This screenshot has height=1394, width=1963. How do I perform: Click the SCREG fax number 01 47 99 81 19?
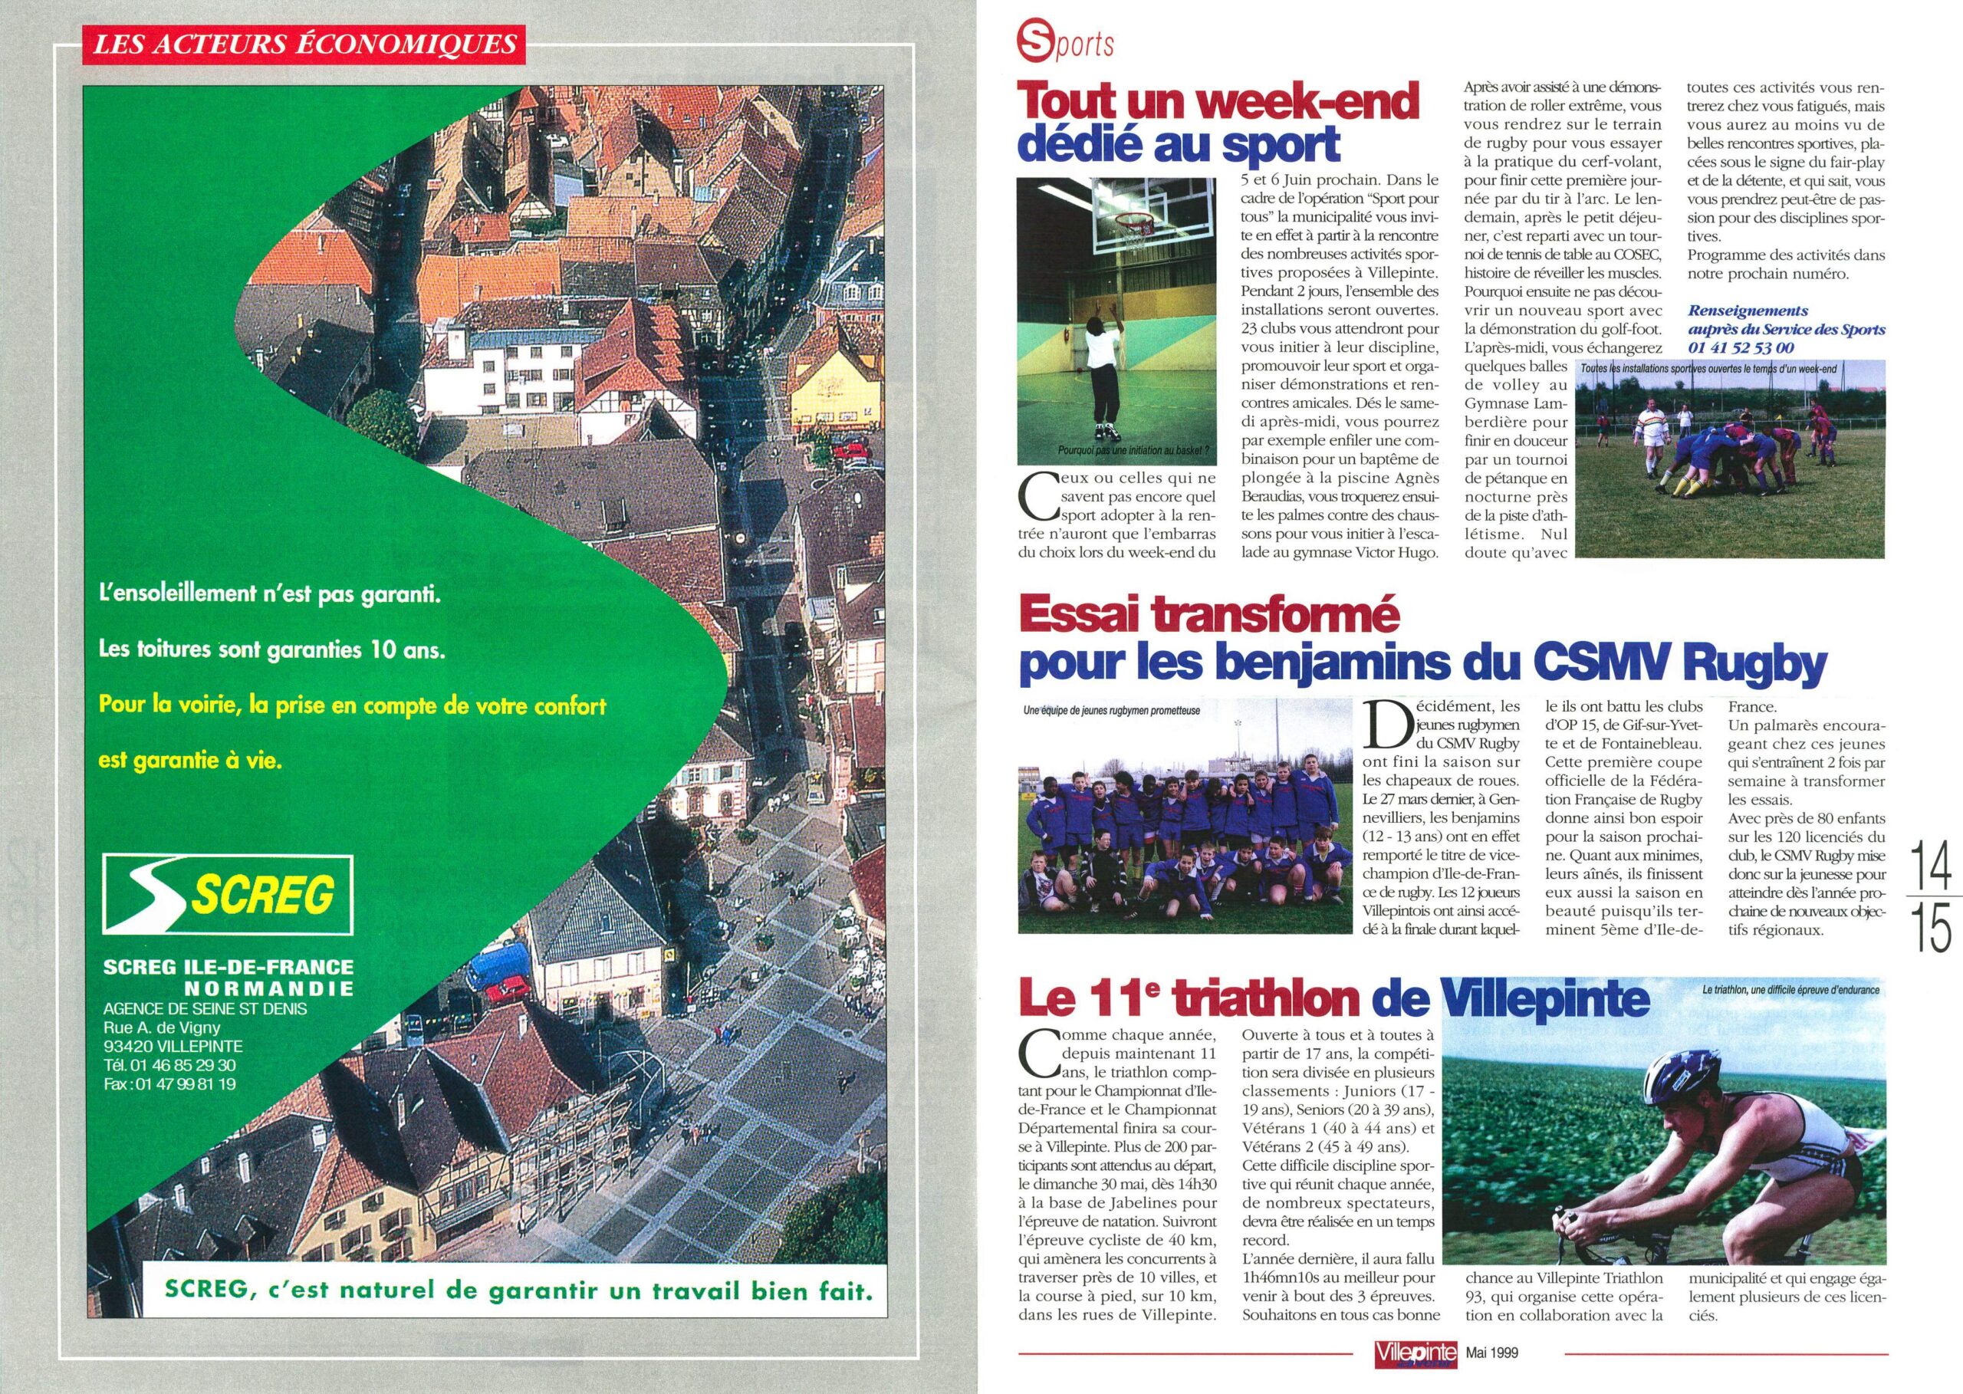(x=169, y=1084)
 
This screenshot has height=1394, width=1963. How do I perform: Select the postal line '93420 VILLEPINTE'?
(x=173, y=1047)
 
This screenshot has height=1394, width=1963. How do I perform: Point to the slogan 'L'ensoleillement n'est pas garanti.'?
(x=269, y=594)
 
